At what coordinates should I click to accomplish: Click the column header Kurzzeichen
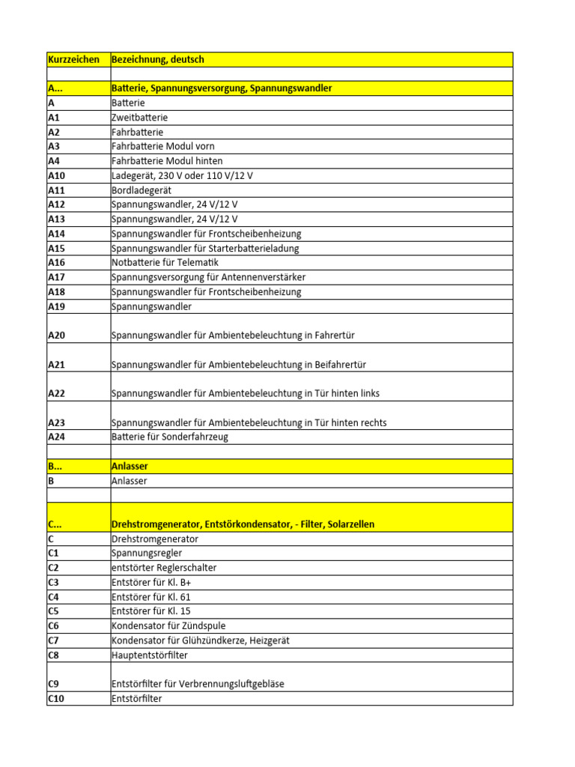point(73,59)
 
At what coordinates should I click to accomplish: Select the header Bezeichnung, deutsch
point(158,59)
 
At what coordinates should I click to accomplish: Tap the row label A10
point(57,175)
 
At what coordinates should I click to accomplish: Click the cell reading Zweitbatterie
point(140,118)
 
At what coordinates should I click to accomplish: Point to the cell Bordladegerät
point(142,190)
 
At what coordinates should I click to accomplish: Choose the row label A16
point(57,263)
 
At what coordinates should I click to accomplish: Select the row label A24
point(57,437)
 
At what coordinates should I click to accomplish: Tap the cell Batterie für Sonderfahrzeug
point(170,437)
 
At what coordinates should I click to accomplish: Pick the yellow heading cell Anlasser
point(130,466)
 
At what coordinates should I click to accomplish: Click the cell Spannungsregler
point(146,554)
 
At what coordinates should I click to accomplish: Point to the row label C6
point(54,626)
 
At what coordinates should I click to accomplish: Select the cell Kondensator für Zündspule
point(168,626)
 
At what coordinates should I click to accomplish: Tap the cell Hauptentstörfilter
point(150,655)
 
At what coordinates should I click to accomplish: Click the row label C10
point(57,699)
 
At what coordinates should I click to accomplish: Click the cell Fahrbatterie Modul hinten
point(167,161)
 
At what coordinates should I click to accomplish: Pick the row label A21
point(57,365)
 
